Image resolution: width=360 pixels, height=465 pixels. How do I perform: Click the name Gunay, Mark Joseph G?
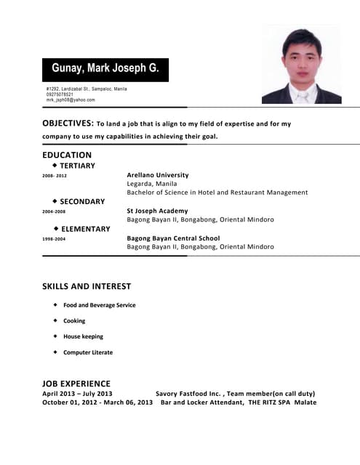[x=105, y=69]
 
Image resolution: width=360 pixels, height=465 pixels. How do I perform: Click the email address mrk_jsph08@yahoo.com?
[x=71, y=100]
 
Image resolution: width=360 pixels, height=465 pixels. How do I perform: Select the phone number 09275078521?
[x=60, y=94]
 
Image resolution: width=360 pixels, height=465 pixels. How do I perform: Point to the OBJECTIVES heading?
[x=67, y=124]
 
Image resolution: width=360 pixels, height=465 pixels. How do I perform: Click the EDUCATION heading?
[x=67, y=155]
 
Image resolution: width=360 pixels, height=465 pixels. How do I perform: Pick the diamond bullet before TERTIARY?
[x=55, y=165]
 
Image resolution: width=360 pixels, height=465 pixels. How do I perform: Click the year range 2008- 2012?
[x=55, y=176]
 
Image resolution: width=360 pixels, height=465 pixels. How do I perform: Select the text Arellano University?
[x=158, y=175]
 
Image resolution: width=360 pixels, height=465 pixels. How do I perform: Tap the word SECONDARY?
[x=82, y=201]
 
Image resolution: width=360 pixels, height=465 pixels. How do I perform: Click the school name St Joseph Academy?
[x=157, y=211]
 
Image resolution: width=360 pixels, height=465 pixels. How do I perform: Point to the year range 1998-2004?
[x=54, y=238]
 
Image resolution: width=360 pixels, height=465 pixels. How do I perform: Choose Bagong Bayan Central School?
[x=173, y=238]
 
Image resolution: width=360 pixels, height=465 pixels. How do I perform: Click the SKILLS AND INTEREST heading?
[x=87, y=286]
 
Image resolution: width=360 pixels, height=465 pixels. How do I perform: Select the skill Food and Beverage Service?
[x=99, y=305]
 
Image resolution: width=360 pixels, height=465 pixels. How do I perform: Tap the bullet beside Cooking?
[x=55, y=320]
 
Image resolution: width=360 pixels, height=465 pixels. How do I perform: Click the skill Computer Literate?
[x=88, y=352]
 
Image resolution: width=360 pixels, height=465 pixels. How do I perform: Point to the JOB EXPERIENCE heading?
[x=76, y=384]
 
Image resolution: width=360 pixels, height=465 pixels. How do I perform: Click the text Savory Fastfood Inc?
[x=188, y=393]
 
